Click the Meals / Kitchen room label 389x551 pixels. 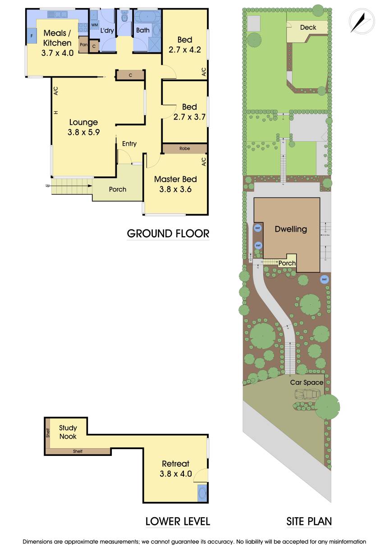click(x=57, y=38)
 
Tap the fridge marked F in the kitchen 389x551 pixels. click(x=32, y=35)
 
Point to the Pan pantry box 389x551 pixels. click(x=83, y=45)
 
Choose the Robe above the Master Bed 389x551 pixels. click(x=184, y=148)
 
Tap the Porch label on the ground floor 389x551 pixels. click(x=118, y=189)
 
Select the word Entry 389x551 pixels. click(x=129, y=143)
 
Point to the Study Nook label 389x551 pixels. click(x=68, y=432)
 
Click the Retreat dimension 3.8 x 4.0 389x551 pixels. click(x=176, y=473)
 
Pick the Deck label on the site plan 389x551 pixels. click(x=308, y=28)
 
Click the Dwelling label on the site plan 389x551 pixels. click(x=291, y=229)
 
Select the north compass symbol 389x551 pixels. click(x=362, y=21)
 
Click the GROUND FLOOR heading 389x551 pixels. click(x=168, y=234)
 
